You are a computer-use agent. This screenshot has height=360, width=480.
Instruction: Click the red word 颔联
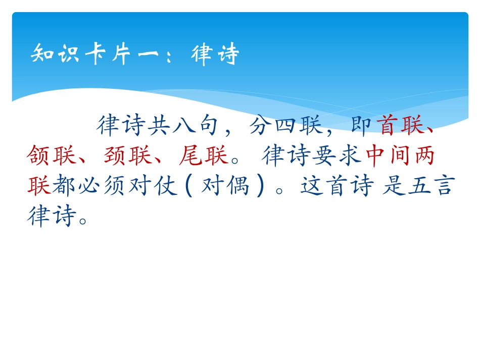[x=52, y=157]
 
